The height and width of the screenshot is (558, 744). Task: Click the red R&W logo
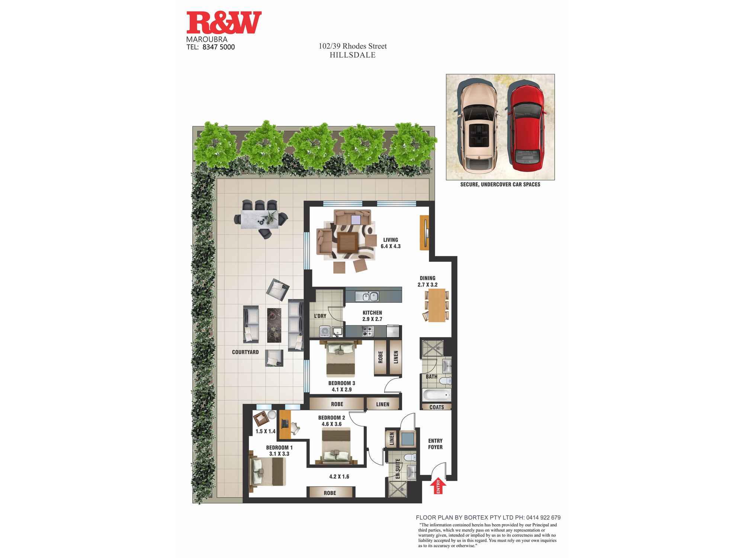pos(224,23)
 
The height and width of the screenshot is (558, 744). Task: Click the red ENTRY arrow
pos(438,485)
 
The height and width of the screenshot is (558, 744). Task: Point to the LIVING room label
pos(391,240)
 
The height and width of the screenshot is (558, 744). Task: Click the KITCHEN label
pos(372,313)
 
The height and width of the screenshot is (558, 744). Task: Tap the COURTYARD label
pos(245,352)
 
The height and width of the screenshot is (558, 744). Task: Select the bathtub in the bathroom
pos(436,395)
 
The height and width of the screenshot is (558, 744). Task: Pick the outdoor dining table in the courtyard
pos(260,219)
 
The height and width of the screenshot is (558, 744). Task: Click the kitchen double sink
pos(367,296)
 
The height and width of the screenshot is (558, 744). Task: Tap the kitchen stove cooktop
pos(368,331)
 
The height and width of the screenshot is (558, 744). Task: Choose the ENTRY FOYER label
pos(435,444)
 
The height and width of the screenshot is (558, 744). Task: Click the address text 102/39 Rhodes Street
pos(353,46)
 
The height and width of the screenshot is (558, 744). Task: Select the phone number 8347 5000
pos(219,47)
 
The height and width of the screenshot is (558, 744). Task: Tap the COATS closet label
pos(437,407)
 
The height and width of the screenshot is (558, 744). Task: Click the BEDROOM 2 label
pos(331,418)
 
